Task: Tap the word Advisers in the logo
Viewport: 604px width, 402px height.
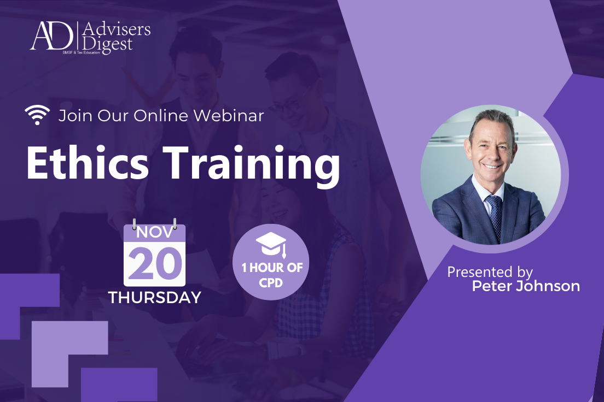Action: tap(115, 29)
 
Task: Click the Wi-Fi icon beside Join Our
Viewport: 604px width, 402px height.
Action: tap(37, 115)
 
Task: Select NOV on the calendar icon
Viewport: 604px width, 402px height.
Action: tap(155, 232)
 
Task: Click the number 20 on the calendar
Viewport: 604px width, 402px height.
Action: tap(155, 263)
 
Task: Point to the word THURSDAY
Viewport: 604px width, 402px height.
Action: tap(155, 298)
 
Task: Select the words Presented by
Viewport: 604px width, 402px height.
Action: tap(490, 271)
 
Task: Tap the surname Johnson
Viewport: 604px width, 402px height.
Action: tap(548, 286)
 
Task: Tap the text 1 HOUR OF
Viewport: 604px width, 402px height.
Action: tap(271, 268)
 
